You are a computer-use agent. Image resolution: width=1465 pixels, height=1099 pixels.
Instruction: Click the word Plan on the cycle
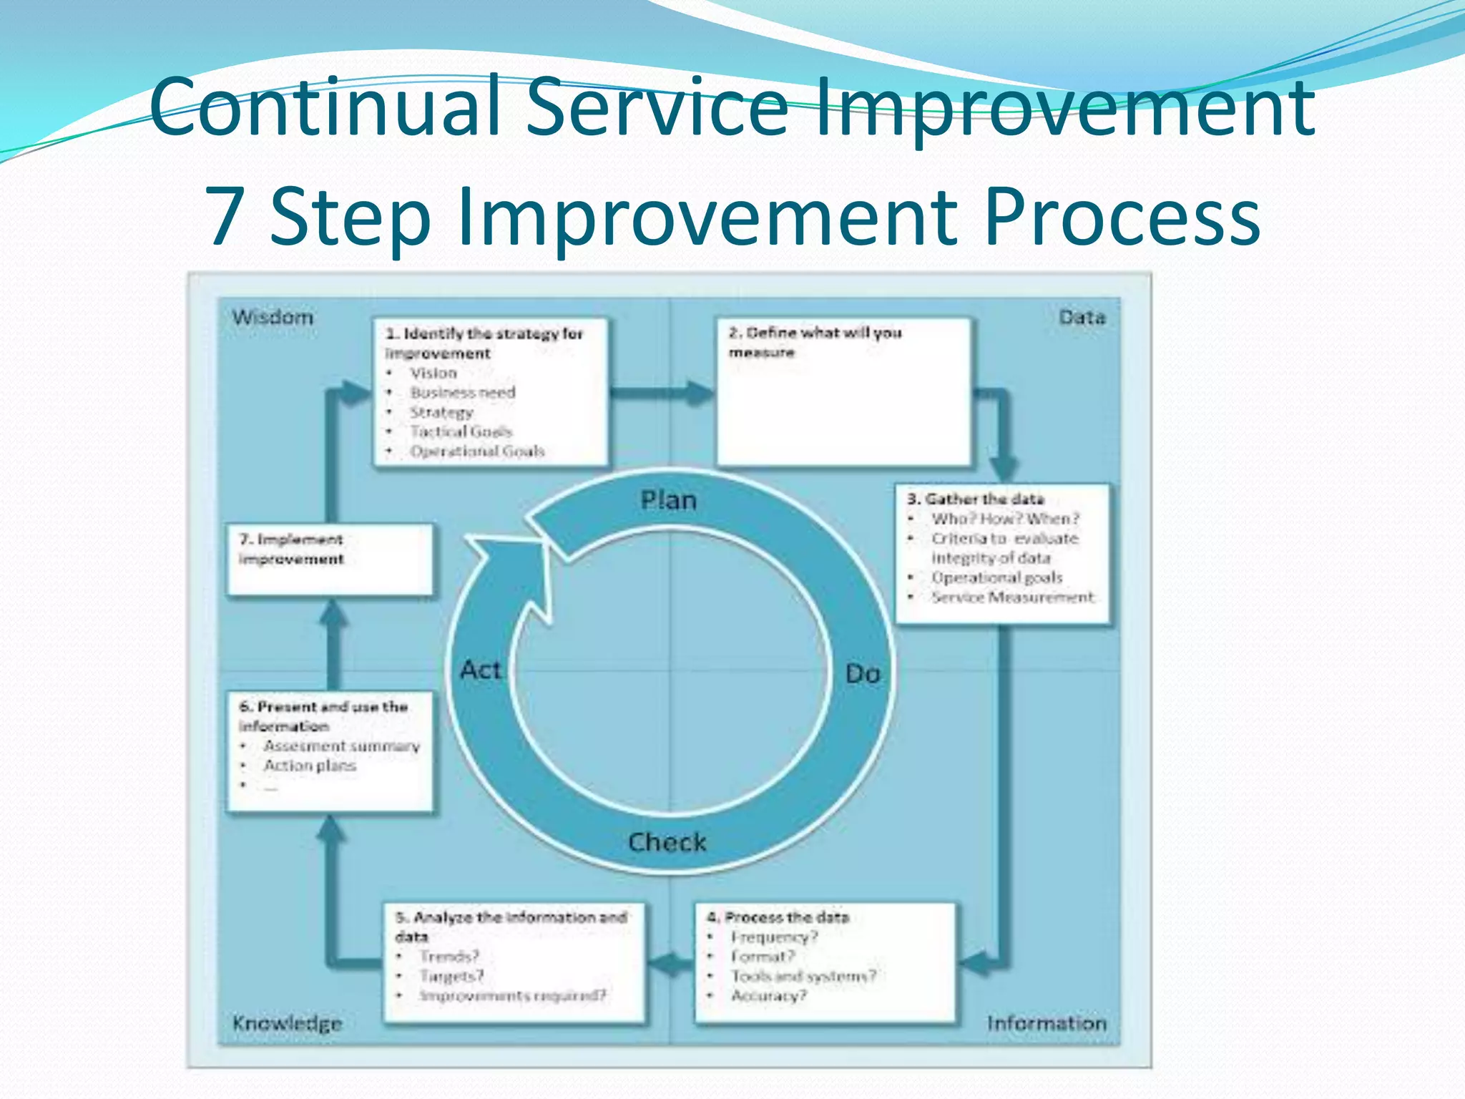668,500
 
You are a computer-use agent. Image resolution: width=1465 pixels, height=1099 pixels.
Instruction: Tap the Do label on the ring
862,673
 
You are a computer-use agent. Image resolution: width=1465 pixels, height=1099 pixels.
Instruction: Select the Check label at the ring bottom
667,842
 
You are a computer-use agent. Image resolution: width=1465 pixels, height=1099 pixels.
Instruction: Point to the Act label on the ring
481,670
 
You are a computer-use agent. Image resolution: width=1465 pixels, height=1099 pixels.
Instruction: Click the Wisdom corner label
273,317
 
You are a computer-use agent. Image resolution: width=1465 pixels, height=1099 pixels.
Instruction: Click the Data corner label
1082,317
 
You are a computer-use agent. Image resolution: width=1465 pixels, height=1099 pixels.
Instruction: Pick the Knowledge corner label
287,1023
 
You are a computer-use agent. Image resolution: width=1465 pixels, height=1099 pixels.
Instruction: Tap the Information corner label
1047,1023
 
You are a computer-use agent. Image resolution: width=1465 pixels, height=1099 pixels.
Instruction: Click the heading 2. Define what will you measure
815,342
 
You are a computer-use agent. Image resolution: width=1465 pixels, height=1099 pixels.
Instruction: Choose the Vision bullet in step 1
433,373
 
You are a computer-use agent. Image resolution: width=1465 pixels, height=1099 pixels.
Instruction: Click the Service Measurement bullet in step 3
1012,597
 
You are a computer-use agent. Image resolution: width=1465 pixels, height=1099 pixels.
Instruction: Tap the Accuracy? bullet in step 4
768,995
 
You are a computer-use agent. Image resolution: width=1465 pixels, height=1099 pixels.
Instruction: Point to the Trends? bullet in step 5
449,956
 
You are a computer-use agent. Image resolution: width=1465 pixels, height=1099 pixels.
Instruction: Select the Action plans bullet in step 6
310,766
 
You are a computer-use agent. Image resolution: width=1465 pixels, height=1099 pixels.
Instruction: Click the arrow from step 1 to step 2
662,392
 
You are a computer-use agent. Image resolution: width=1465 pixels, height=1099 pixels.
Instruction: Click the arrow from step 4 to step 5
670,963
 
